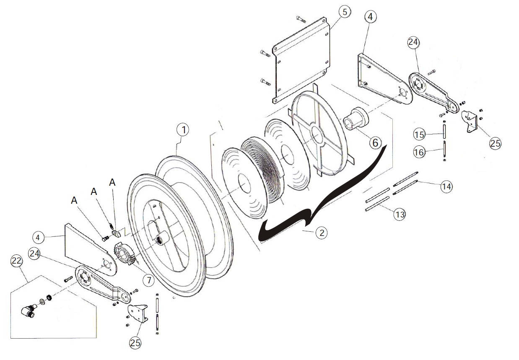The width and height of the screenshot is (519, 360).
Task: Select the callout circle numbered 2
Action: click(321, 232)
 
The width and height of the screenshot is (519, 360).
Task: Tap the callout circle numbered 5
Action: click(345, 12)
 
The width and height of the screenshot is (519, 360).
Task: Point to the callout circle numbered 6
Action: click(375, 142)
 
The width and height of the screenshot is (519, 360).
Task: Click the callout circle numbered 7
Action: click(148, 280)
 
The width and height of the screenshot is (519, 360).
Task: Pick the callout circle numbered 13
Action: click(400, 215)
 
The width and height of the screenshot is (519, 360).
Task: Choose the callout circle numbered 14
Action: click(446, 186)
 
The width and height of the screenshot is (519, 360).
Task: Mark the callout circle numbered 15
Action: click(419, 135)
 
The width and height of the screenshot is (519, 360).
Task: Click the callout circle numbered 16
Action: click(419, 152)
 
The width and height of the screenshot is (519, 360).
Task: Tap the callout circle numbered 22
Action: click(16, 261)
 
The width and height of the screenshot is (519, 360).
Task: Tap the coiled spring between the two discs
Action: click(262, 170)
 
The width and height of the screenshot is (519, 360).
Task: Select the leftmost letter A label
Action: click(74, 201)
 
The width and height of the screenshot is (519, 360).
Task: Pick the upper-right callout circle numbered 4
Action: click(370, 17)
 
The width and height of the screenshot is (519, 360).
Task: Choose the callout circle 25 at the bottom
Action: click(135, 343)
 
